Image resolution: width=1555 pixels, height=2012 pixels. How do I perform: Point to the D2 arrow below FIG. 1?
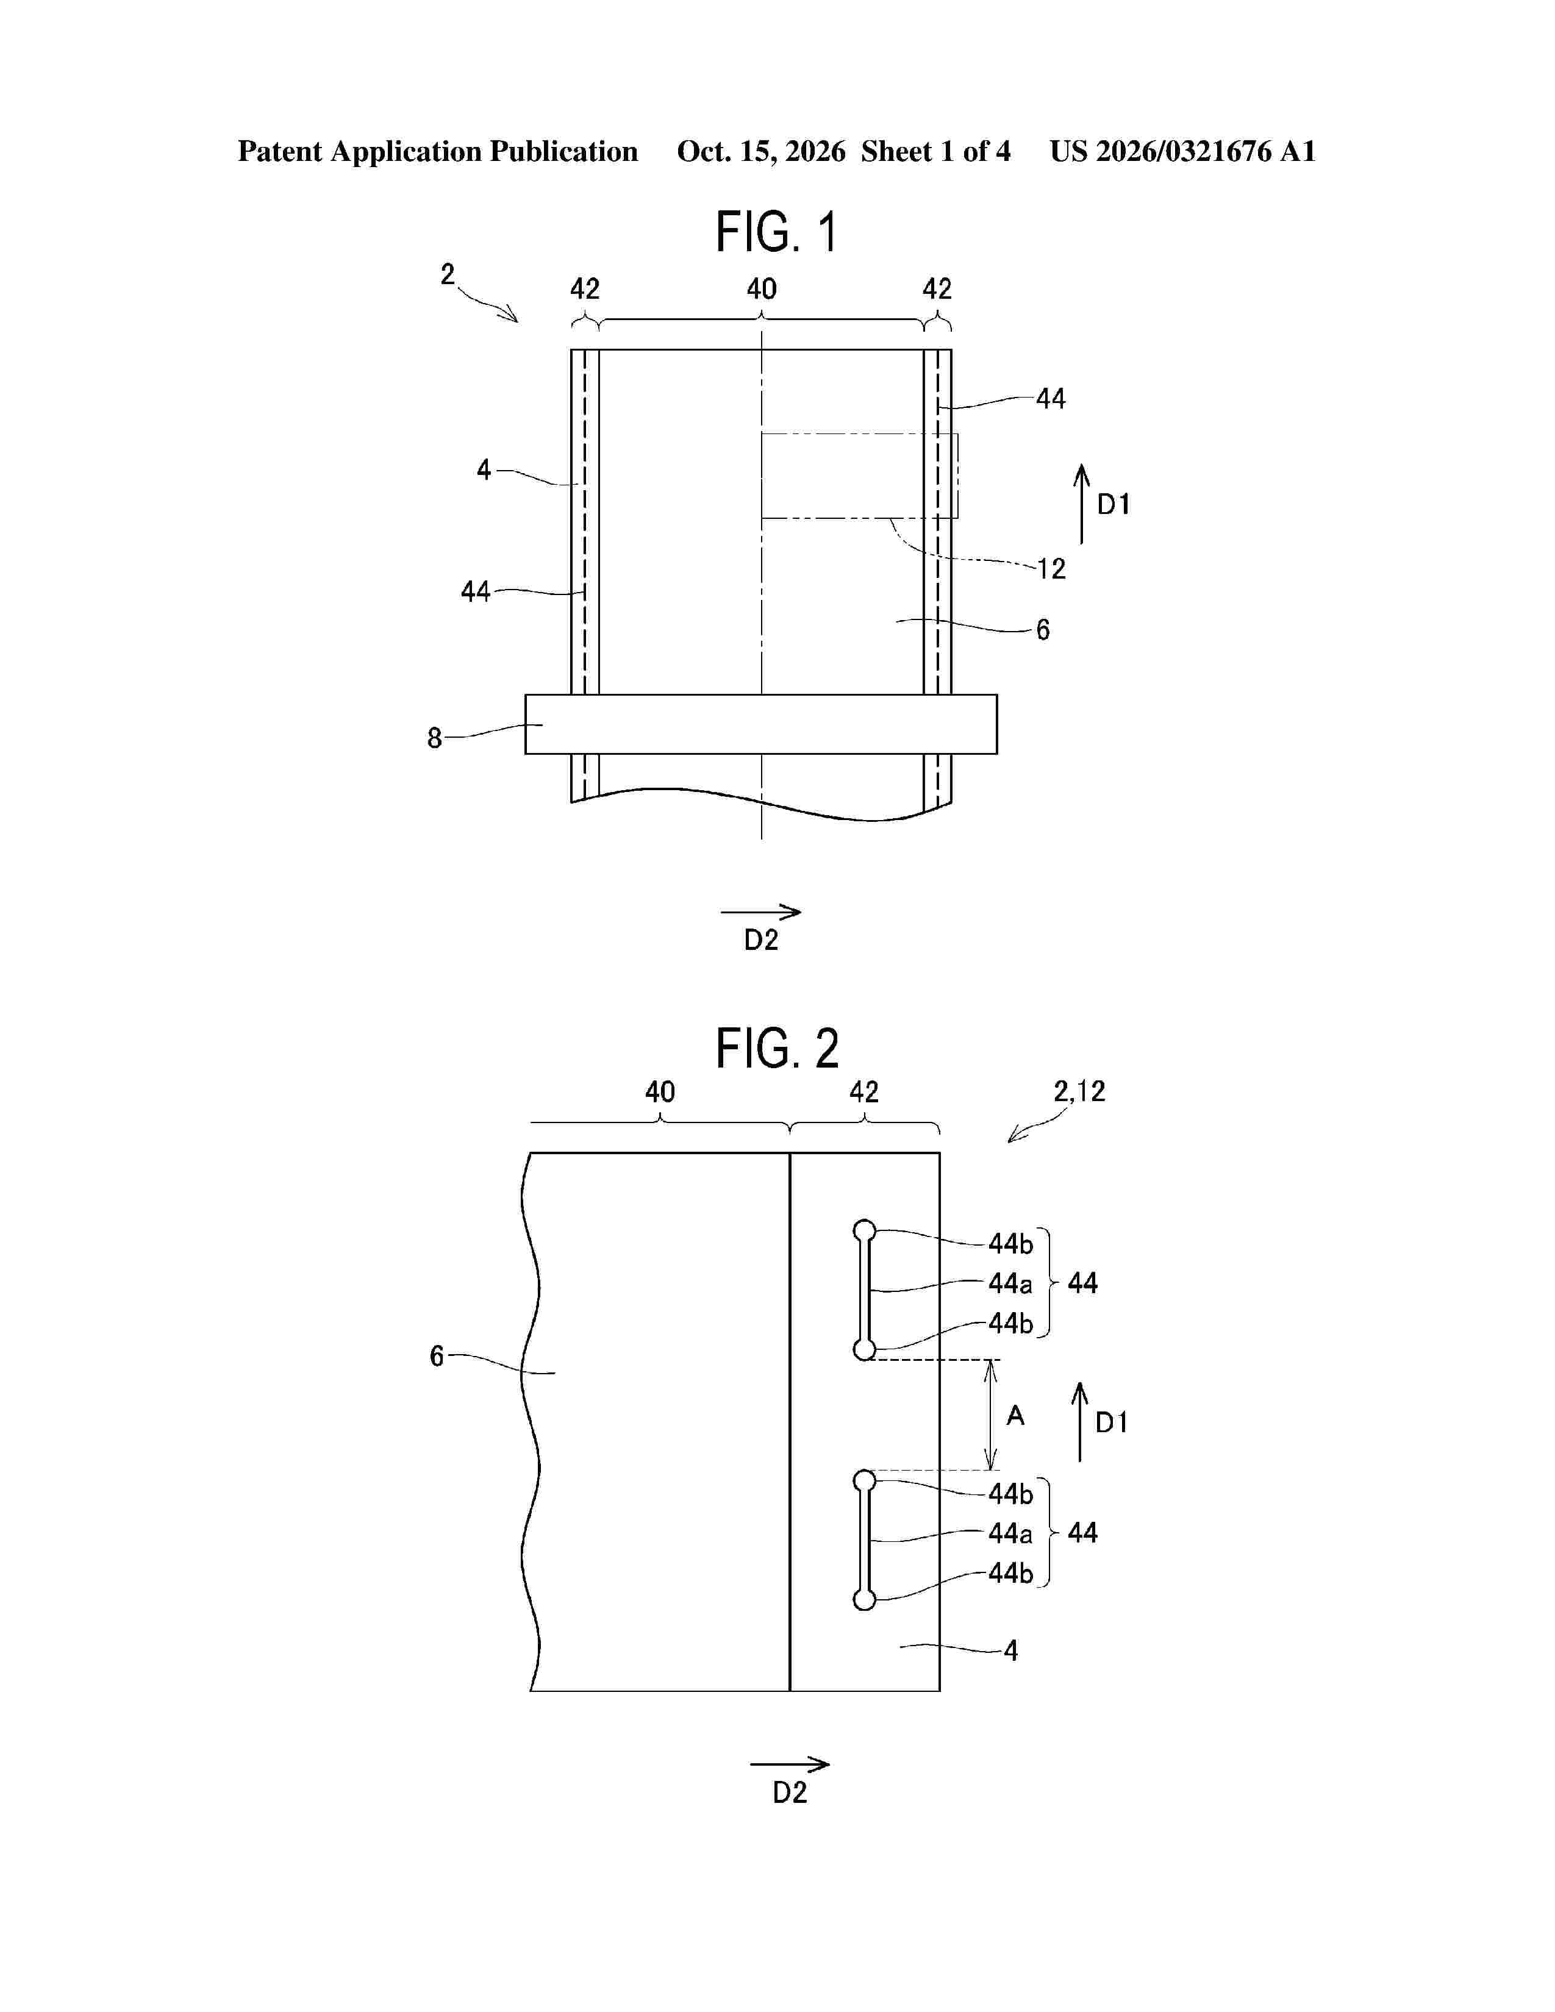pos(761,912)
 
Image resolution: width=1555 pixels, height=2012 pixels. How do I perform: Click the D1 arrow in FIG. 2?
pos(1079,1421)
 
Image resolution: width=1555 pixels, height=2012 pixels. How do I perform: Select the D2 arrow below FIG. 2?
pos(790,1764)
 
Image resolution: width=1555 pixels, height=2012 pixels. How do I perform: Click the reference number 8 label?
pos(435,738)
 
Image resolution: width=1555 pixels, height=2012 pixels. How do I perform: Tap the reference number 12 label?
pos(1051,568)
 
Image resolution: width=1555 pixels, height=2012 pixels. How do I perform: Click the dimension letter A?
pos(1015,1415)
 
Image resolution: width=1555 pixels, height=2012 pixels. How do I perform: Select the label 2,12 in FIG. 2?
pos(1079,1092)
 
